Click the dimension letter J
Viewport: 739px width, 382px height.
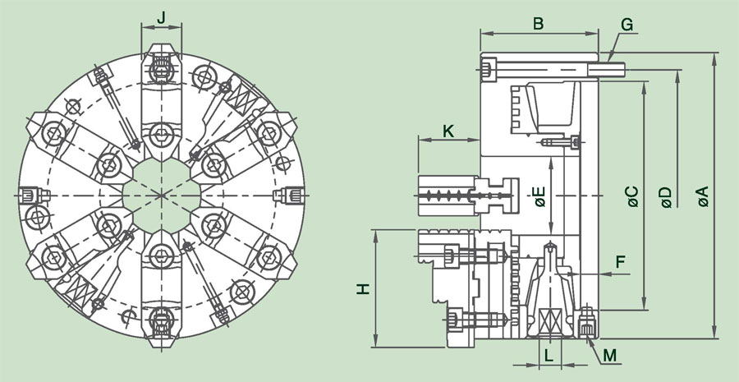pyautogui.click(x=161, y=16)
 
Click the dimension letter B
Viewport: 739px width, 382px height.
pyautogui.click(x=539, y=23)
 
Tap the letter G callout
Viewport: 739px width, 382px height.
pyautogui.click(x=627, y=24)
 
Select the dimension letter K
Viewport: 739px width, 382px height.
pyautogui.click(x=448, y=131)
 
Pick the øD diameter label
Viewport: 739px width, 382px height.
pyautogui.click(x=666, y=197)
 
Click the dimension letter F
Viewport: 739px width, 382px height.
pyautogui.click(x=621, y=262)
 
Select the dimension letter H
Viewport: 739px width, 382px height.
pyautogui.click(x=364, y=289)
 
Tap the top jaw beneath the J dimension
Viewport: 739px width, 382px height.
pyautogui.click(x=161, y=90)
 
